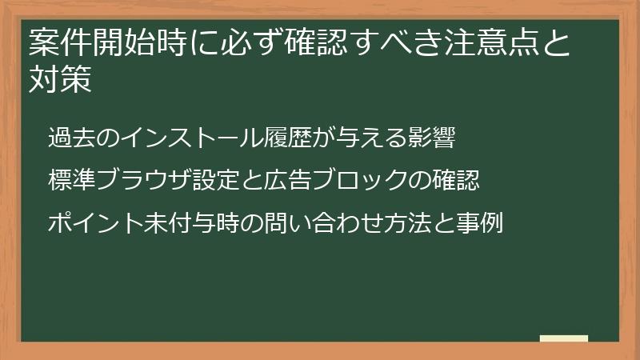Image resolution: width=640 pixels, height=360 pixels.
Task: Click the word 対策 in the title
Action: [x=57, y=81]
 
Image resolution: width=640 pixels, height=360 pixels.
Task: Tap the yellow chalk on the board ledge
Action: [x=563, y=338]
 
